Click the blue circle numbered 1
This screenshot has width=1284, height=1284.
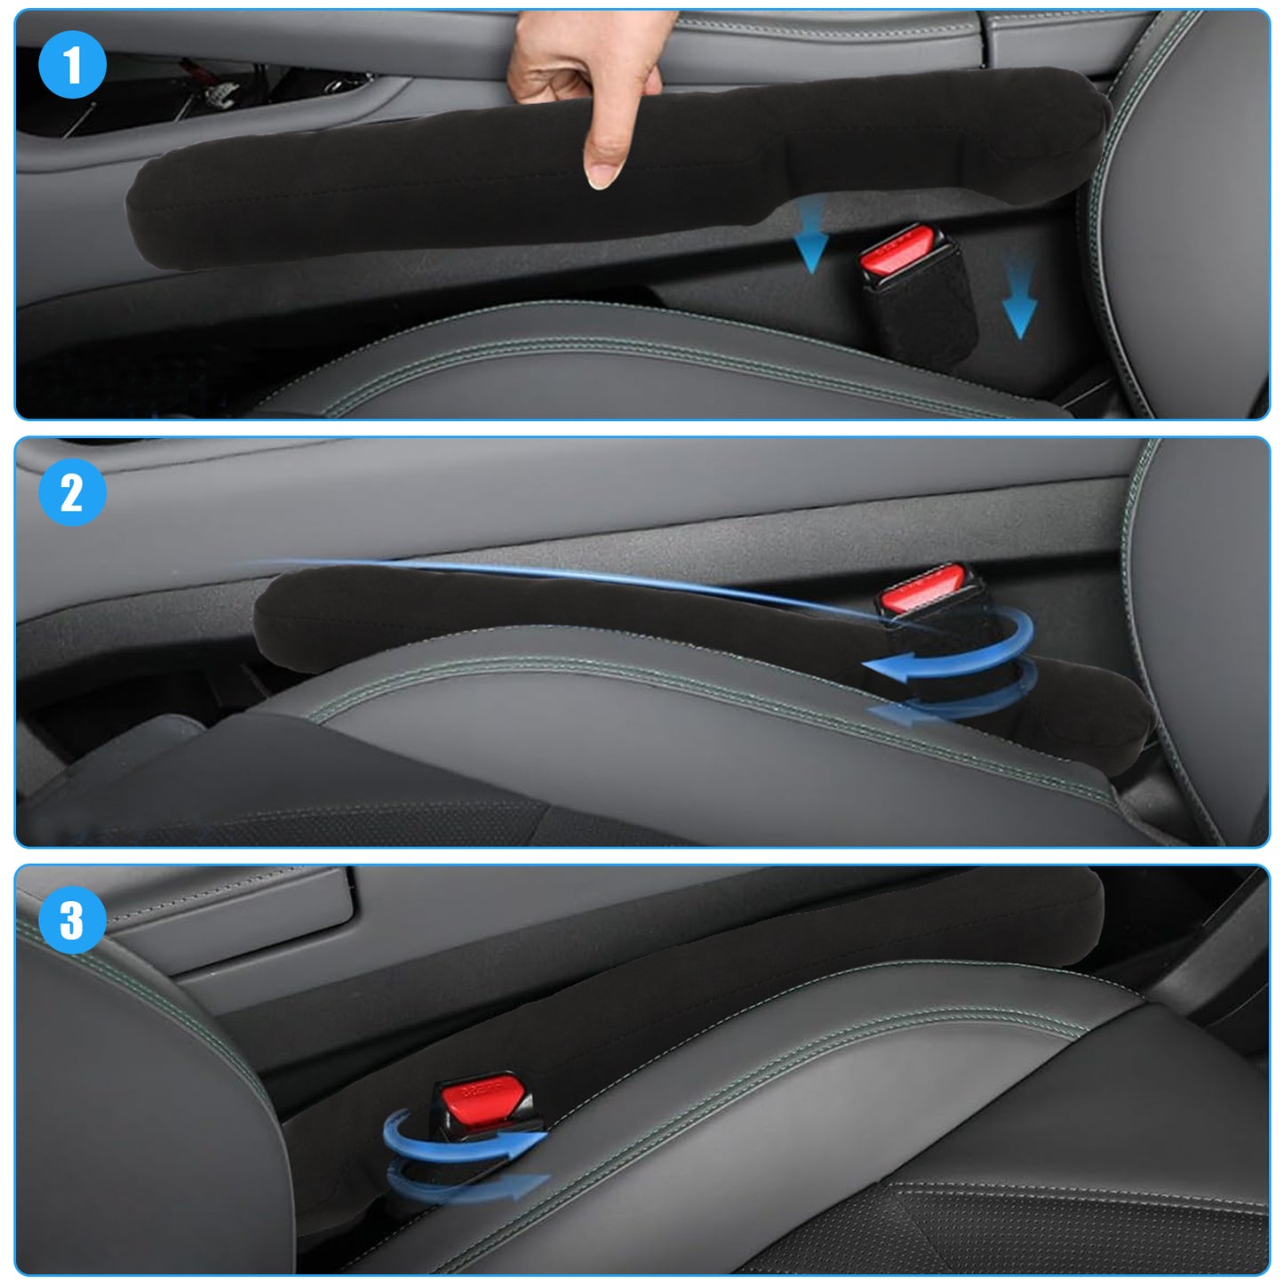point(72,65)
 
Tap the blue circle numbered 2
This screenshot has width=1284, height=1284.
point(72,492)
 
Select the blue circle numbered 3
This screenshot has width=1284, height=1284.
point(72,921)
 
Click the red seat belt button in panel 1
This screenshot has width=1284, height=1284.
point(897,250)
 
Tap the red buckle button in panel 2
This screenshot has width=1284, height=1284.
point(922,587)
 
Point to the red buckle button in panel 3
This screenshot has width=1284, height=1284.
point(482,1099)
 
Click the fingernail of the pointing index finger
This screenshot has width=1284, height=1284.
point(602,175)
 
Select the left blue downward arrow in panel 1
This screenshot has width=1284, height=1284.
point(811,235)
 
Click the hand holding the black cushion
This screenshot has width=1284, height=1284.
point(586,73)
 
